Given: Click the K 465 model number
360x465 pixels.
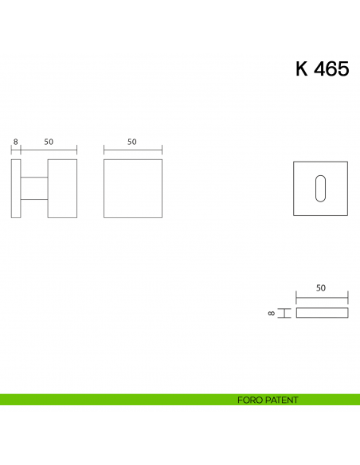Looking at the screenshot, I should point(322,69).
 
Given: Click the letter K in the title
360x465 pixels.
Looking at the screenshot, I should point(302,69).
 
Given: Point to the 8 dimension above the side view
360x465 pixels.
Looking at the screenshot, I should point(15,142).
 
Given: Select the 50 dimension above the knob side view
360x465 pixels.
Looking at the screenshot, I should point(49,142).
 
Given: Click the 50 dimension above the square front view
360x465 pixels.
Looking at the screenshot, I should point(132,142).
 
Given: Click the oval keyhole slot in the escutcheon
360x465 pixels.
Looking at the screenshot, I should point(321,188).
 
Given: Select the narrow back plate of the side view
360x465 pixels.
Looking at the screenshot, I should point(16,188).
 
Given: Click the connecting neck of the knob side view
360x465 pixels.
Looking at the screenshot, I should point(33,188).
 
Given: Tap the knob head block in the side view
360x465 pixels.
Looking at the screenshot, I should point(62,188).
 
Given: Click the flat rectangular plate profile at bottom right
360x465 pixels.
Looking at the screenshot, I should point(322,313).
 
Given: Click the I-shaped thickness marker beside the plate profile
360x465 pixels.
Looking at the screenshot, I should point(284,313).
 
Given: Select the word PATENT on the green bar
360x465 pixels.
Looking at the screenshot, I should point(283,400).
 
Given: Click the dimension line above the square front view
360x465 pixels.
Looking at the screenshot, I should point(133,150).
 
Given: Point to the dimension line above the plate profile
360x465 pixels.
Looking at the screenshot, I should point(322,298).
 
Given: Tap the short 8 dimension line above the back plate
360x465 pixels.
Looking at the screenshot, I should point(16,150).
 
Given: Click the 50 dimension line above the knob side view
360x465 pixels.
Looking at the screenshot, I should point(49,150).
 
